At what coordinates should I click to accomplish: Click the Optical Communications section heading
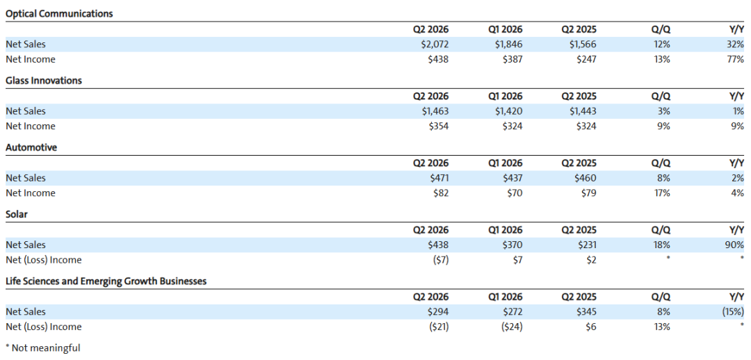coord(59,14)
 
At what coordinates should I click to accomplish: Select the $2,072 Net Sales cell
coord(433,44)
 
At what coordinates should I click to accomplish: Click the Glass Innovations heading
coord(44,81)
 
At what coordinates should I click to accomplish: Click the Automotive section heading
coord(31,147)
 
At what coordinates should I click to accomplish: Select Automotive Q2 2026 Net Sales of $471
coord(439,178)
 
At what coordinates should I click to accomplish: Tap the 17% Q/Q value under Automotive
coord(662,193)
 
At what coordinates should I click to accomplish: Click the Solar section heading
coord(17,215)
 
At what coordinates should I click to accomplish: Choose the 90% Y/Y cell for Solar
coord(735,245)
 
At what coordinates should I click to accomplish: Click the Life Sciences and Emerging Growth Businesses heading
coord(106,281)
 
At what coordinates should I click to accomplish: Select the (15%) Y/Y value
coord(733,312)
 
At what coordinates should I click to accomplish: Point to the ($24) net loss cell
coord(511,327)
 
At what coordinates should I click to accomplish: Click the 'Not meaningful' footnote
coord(42,348)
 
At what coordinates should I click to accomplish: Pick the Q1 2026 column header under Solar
coord(506,230)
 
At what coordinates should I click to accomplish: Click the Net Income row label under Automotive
coord(30,193)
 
